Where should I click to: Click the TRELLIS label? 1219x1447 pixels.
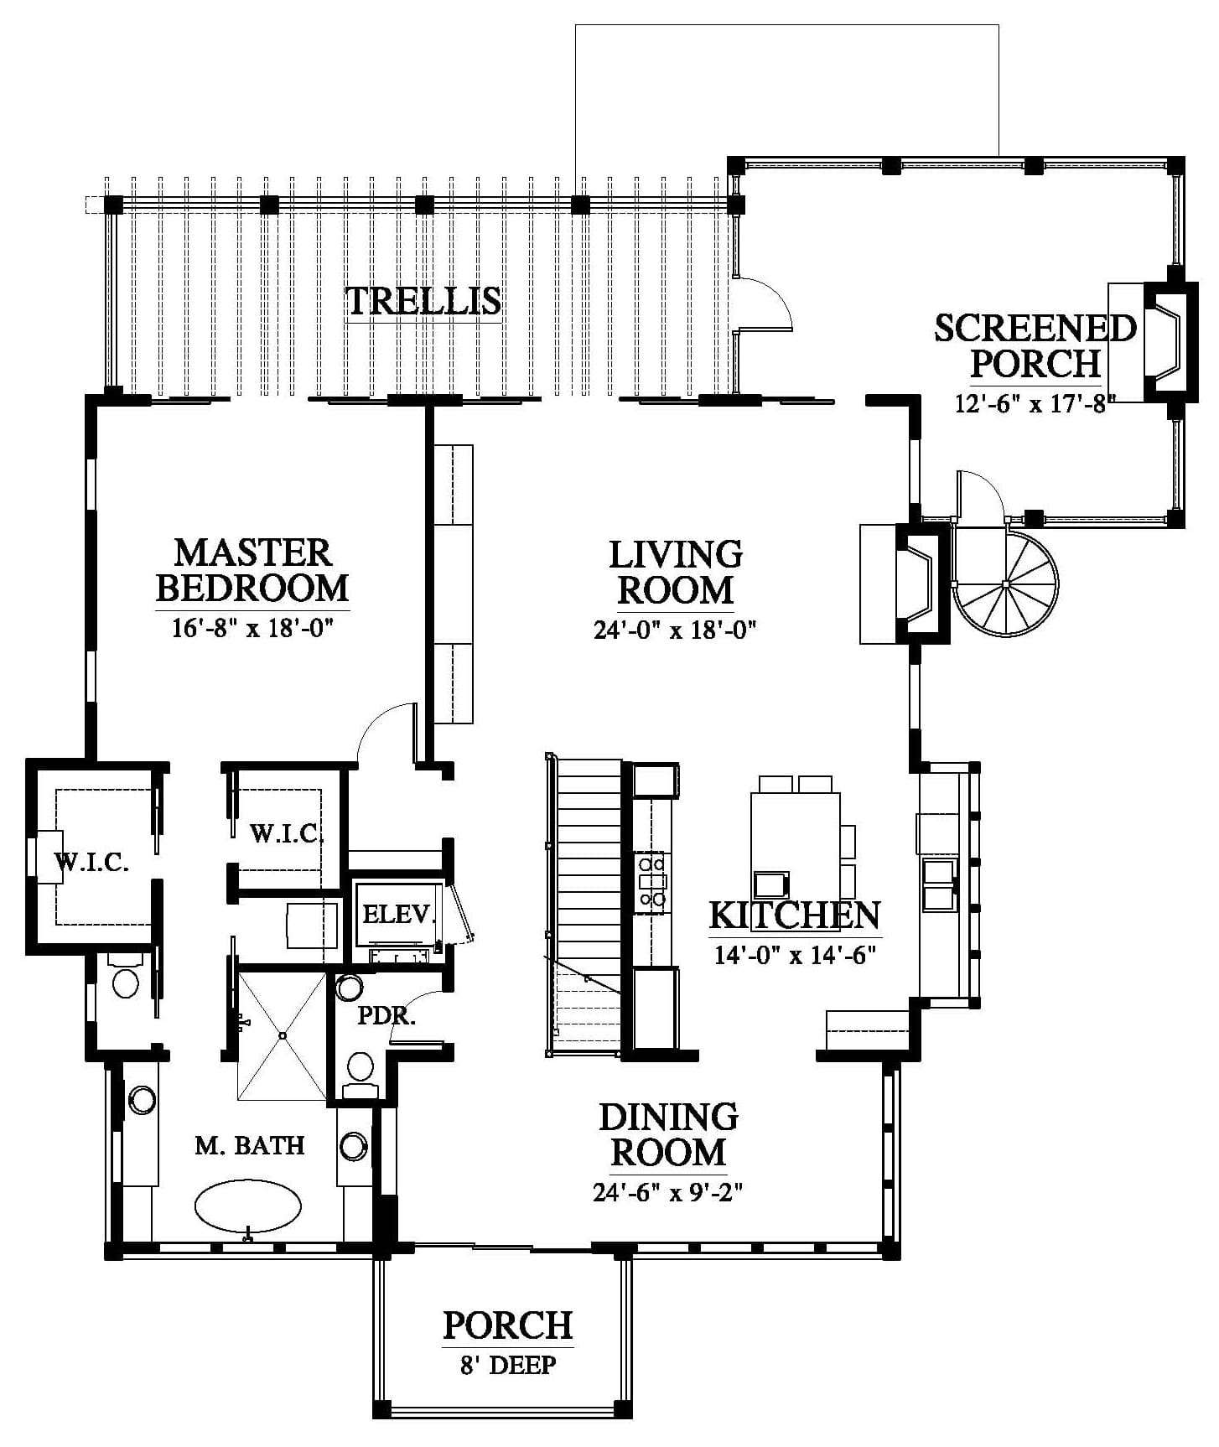pos(423,301)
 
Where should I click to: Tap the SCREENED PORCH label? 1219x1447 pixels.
pos(1035,345)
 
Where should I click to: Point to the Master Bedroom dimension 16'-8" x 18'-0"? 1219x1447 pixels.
pos(253,628)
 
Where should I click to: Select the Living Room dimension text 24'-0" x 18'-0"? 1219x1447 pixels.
pos(676,630)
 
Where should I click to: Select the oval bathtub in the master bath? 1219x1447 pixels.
pos(247,1206)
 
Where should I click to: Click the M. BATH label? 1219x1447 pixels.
pos(250,1145)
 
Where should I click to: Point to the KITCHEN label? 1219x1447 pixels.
pos(795,915)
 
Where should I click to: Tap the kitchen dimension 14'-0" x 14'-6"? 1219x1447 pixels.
pos(795,954)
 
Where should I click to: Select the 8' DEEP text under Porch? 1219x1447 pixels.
pos(508,1365)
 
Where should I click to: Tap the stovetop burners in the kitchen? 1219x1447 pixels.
pos(651,880)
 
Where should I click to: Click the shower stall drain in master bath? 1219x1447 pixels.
pos(283,1035)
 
